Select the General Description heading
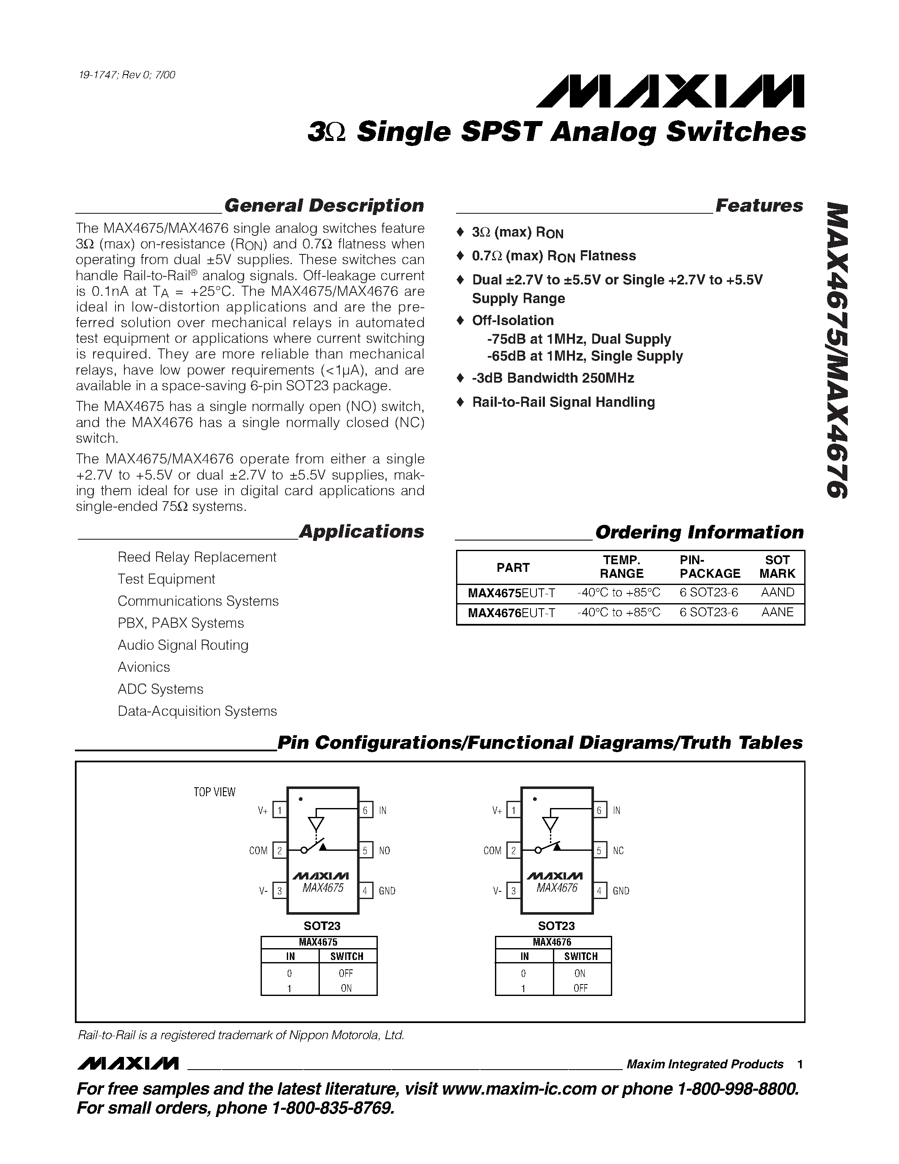pyautogui.click(x=324, y=206)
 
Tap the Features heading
pyautogui.click(x=759, y=206)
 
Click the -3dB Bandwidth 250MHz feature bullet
pyautogui.click(x=553, y=378)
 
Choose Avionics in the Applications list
pyautogui.click(x=144, y=667)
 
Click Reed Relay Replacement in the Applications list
pyautogui.click(x=197, y=557)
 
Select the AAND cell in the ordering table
pyautogui.click(x=778, y=593)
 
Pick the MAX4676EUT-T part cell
pyautogui.click(x=511, y=613)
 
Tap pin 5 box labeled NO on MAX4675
pyautogui.click(x=366, y=851)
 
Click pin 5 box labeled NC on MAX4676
pyautogui.click(x=599, y=851)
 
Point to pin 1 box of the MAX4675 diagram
pyautogui.click(x=280, y=811)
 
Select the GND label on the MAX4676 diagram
pyautogui.click(x=621, y=891)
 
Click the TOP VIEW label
pyautogui.click(x=214, y=792)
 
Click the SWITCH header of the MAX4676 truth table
pyautogui.click(x=581, y=957)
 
